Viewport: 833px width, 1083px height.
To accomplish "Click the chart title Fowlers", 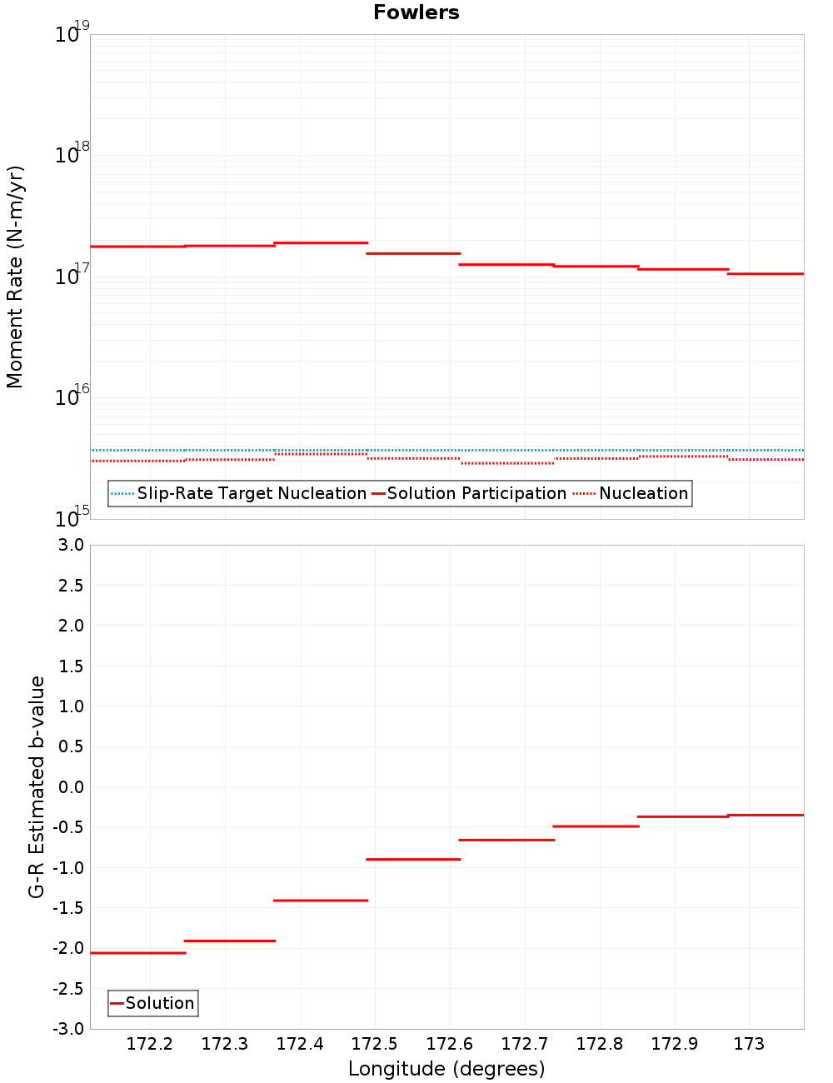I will [x=416, y=12].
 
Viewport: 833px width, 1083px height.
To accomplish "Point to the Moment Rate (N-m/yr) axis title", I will [x=15, y=277].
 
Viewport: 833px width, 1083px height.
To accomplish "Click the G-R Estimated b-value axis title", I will [x=37, y=786].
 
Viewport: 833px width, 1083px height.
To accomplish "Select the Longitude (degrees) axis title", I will [x=446, y=1069].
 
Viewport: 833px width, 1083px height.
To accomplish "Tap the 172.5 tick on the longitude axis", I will [x=375, y=1044].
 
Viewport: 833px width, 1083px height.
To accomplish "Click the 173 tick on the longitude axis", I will [x=749, y=1044].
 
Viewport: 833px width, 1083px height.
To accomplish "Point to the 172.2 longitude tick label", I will [x=150, y=1044].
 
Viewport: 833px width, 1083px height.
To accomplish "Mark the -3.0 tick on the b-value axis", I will [x=68, y=1029].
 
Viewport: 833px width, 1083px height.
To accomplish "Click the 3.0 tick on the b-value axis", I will [x=68, y=545].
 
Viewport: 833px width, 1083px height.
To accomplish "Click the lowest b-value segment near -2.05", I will [x=137, y=952].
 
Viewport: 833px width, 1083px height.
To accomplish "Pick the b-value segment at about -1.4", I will [x=321, y=900].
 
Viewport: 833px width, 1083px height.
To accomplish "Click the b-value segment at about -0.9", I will [x=413, y=859].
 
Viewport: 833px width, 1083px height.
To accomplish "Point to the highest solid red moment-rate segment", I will [x=321, y=242].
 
